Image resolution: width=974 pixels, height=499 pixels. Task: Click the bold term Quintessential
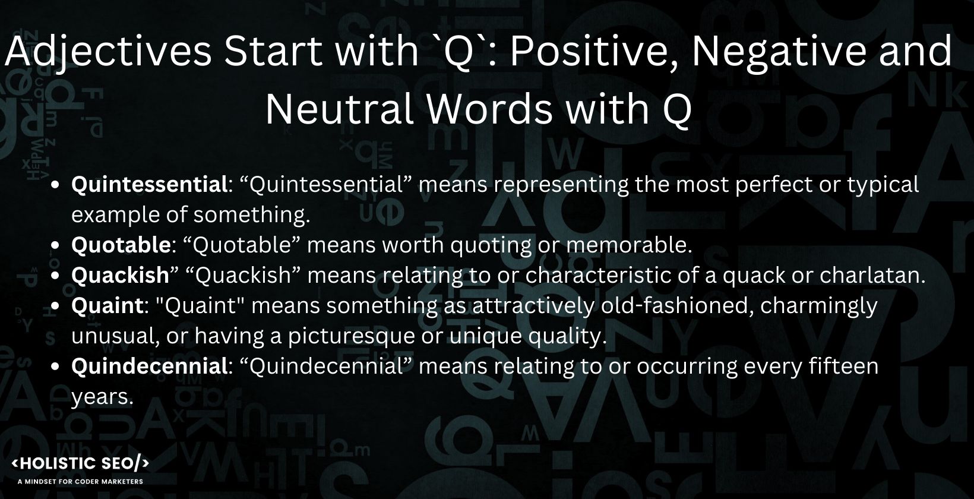[146, 185]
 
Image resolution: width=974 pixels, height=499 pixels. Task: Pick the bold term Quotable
[121, 245]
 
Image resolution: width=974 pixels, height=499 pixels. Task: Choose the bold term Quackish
[121, 276]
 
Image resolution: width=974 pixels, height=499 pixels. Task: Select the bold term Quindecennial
[146, 367]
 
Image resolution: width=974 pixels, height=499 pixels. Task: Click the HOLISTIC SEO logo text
[81, 464]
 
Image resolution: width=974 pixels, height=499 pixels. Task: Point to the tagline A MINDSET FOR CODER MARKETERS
[81, 481]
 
